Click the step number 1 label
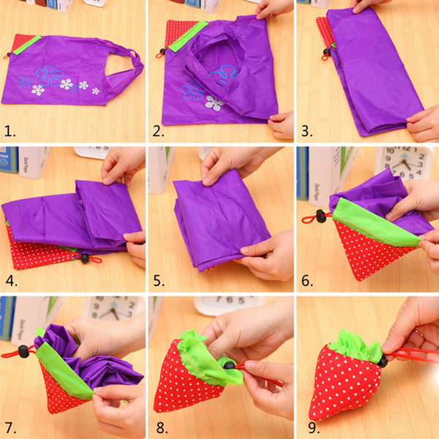pyautogui.click(x=10, y=131)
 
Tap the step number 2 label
pyautogui.click(x=158, y=131)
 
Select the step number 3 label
pyautogui.click(x=307, y=131)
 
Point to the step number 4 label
pyautogui.click(x=11, y=280)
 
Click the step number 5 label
pyautogui.click(x=159, y=280)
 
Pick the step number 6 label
pyautogui.click(x=307, y=280)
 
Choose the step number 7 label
pyautogui.click(x=10, y=428)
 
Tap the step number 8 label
pyautogui.click(x=162, y=428)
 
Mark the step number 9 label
pyautogui.click(x=314, y=428)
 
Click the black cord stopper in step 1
pyautogui.click(x=8, y=54)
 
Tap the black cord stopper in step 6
pyautogui.click(x=321, y=216)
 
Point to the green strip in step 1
pyautogui.click(x=28, y=45)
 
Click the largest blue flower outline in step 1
pyautogui.click(x=49, y=76)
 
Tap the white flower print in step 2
pyautogui.click(x=214, y=103)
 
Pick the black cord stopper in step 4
pyautogui.click(x=85, y=258)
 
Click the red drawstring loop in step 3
pyautogui.click(x=325, y=58)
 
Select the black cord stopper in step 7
pyautogui.click(x=23, y=352)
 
